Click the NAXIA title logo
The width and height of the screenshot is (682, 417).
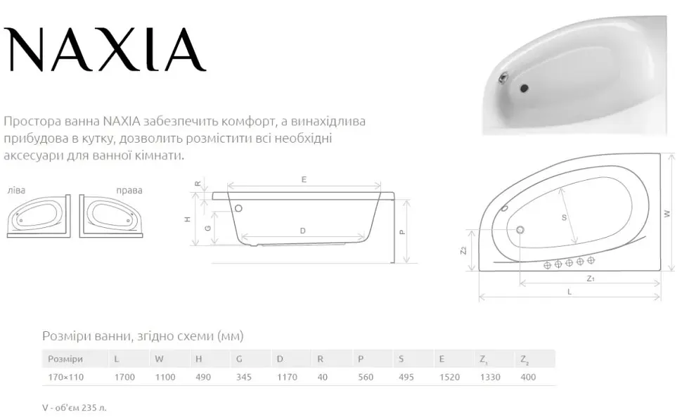click(x=104, y=49)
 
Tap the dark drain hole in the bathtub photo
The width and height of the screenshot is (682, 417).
click(x=524, y=89)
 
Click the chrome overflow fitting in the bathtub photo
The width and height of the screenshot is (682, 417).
click(x=503, y=78)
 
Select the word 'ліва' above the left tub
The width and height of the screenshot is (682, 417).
click(x=17, y=190)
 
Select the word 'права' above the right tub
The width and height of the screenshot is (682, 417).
click(x=129, y=190)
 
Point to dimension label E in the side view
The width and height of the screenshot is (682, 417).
click(x=304, y=179)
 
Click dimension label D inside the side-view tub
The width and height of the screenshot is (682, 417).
click(x=303, y=231)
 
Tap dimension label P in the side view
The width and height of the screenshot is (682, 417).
click(x=402, y=233)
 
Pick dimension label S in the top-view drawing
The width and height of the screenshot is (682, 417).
click(x=564, y=217)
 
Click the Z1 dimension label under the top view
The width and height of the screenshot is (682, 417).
click(x=590, y=278)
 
